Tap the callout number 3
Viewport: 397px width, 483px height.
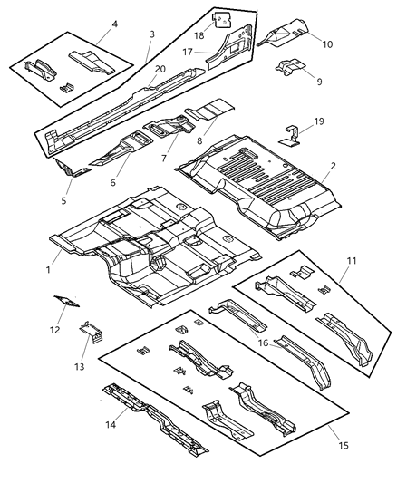click(x=151, y=34)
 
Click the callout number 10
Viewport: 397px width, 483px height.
click(x=326, y=43)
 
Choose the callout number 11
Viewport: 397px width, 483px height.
click(x=352, y=261)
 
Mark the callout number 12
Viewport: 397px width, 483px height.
click(x=54, y=330)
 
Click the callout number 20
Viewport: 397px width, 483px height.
click(x=160, y=70)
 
